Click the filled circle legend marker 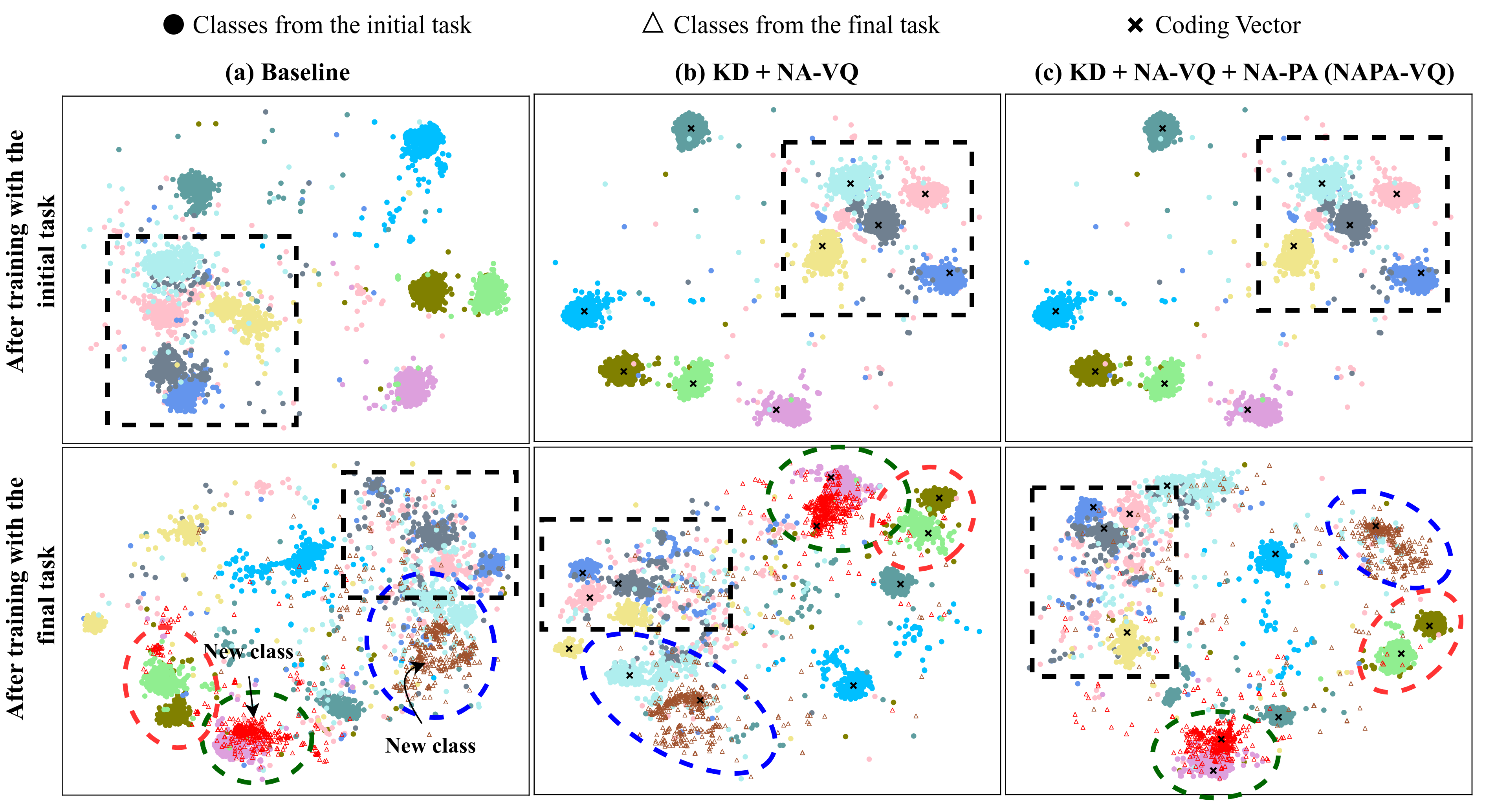(x=174, y=25)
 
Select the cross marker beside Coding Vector (x=1135, y=25)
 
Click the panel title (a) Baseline (x=287, y=73)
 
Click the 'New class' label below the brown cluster (x=430, y=746)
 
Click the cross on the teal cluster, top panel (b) (x=691, y=128)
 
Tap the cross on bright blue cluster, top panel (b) (x=584, y=311)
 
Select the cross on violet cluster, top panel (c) (x=1247, y=410)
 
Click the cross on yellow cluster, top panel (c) (x=1294, y=246)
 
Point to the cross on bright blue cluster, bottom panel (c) (x=1275, y=554)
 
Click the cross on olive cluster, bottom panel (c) (x=1429, y=626)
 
